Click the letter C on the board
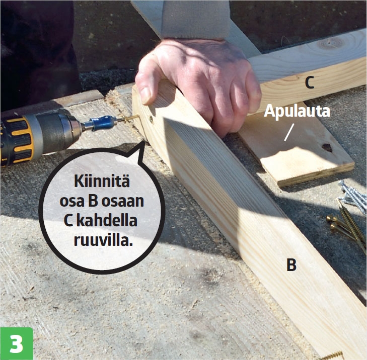pyautogui.click(x=310, y=82)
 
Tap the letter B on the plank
pyautogui.click(x=291, y=265)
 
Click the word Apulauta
pyautogui.click(x=297, y=111)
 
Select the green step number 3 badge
pyautogui.click(x=17, y=343)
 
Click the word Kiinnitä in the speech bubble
pyautogui.click(x=102, y=181)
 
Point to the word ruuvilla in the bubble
pyautogui.click(x=103, y=240)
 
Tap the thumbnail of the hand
pyautogui.click(x=145, y=95)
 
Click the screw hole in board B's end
pyautogui.click(x=151, y=120)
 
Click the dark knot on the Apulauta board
pyautogui.click(x=327, y=147)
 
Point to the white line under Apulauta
pyautogui.click(x=289, y=132)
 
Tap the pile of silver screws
pyautogui.click(x=353, y=197)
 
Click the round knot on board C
pyautogui.click(x=330, y=43)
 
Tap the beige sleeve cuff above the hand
pyautogui.click(x=195, y=20)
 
